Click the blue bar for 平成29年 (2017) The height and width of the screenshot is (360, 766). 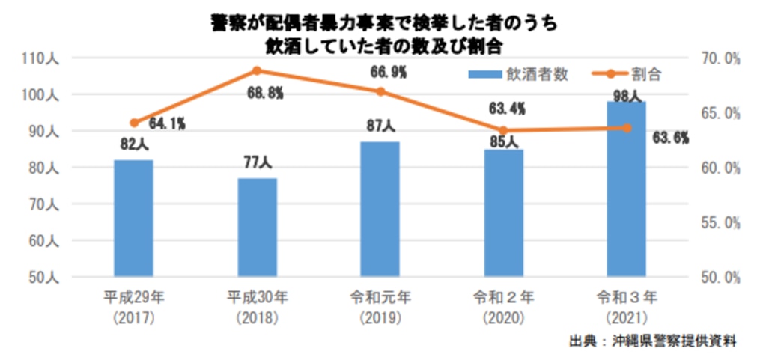[x=134, y=218]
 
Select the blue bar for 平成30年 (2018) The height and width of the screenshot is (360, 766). [x=258, y=227]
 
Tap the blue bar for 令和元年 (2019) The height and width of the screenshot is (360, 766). [x=380, y=209]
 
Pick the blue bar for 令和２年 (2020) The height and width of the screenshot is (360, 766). [x=504, y=213]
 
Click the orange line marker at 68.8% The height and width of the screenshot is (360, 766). [x=257, y=71]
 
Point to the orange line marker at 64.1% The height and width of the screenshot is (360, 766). [x=134, y=123]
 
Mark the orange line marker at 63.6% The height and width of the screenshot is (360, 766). [x=627, y=128]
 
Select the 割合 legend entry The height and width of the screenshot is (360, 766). [x=625, y=74]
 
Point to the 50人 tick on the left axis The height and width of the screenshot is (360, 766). [x=48, y=277]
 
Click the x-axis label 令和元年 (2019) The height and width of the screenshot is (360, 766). [x=380, y=308]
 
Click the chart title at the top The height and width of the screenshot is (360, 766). [x=383, y=34]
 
